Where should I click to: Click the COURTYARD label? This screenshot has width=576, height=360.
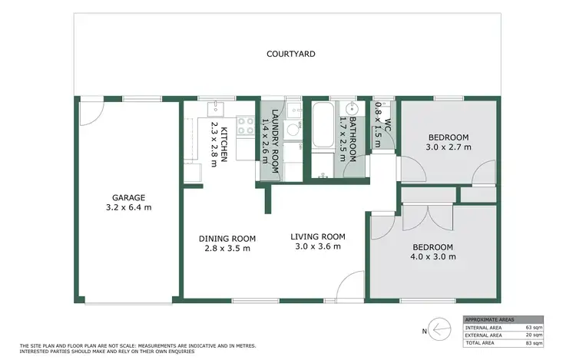click(x=291, y=54)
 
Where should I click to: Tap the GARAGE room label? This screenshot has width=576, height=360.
click(x=129, y=197)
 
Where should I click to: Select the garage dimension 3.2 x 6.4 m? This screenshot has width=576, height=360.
click(x=129, y=207)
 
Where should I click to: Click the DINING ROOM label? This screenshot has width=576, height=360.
click(x=227, y=238)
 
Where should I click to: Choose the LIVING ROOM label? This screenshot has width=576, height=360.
click(x=318, y=236)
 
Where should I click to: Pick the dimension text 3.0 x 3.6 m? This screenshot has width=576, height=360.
click(x=318, y=246)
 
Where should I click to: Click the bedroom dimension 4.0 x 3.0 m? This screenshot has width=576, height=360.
click(x=433, y=256)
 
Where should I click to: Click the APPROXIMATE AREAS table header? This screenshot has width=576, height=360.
click(x=488, y=319)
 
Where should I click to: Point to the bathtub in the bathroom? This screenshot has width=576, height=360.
click(x=321, y=127)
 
